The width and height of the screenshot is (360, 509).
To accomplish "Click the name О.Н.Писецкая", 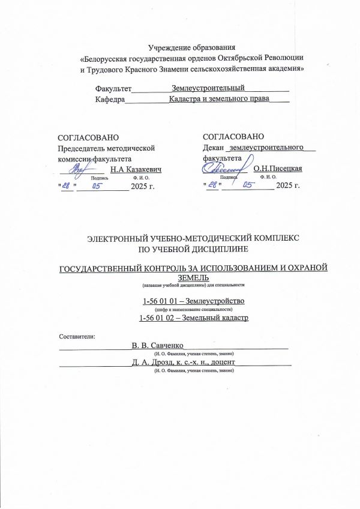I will tap(278, 169).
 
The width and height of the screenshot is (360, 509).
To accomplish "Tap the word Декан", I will tap(213, 147).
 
